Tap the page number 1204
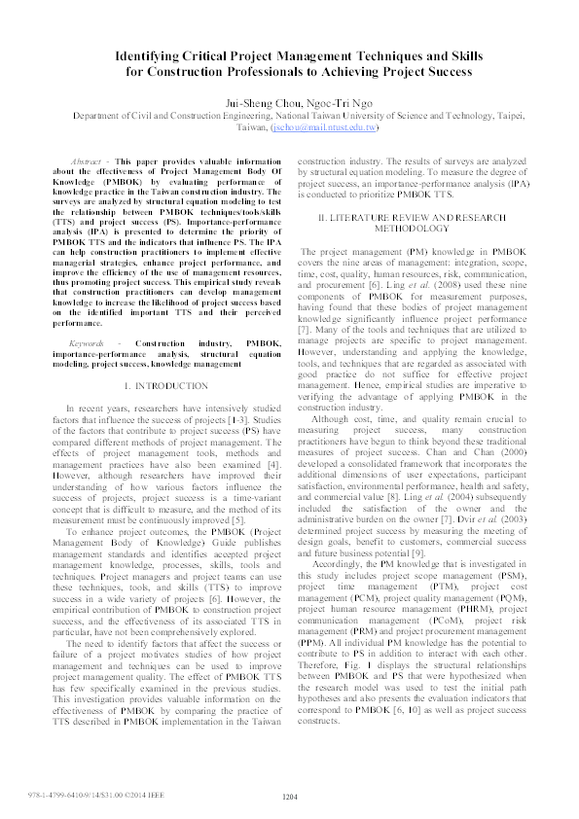coord(289,797)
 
